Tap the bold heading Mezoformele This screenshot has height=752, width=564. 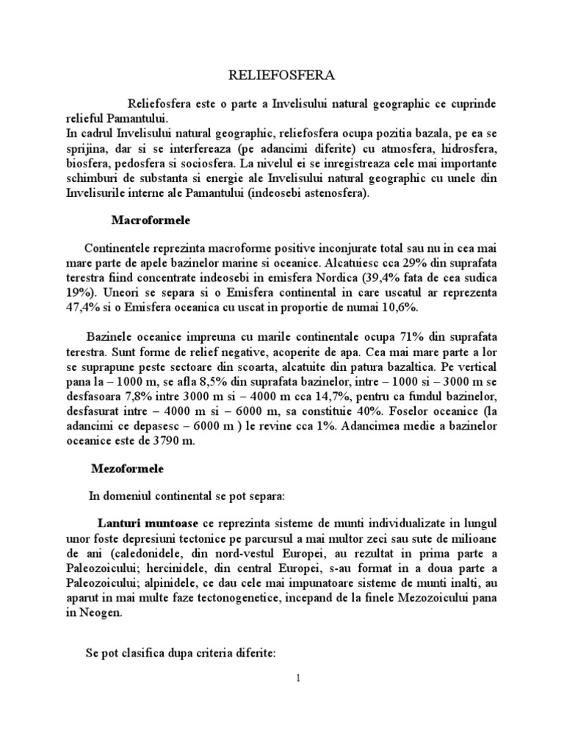pos(128,467)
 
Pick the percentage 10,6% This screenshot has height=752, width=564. pos(415,308)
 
